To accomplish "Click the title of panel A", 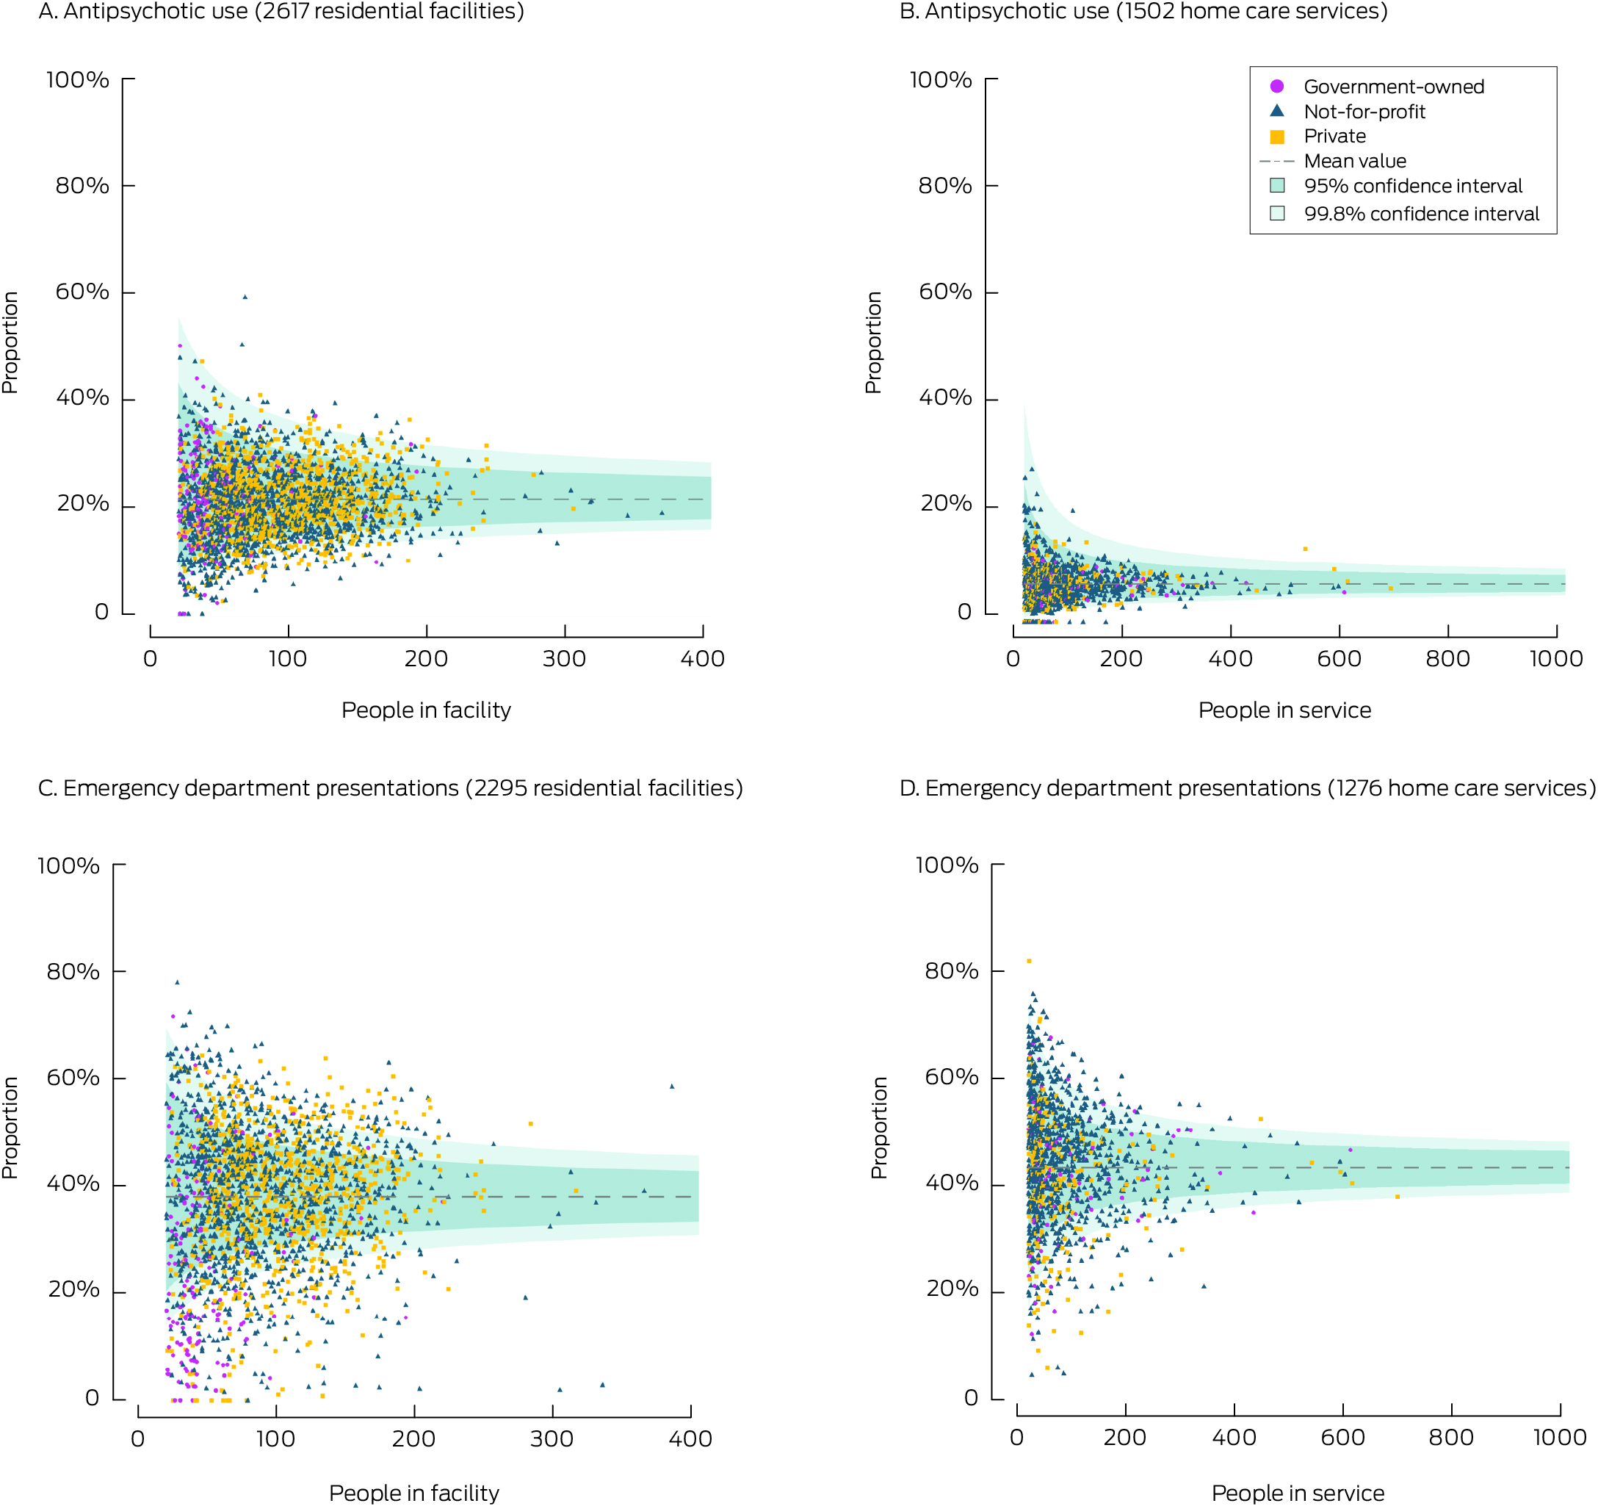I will [x=281, y=12].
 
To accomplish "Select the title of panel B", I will [x=1143, y=12].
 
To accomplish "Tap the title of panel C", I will [x=391, y=788].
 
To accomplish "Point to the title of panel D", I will [x=1248, y=788].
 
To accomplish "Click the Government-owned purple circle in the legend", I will [x=1276, y=86].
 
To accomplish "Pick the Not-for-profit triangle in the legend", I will [x=1276, y=111].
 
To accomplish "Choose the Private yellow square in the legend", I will [x=1276, y=137].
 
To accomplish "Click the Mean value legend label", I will [x=1354, y=161].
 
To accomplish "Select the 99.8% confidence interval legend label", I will [x=1421, y=214].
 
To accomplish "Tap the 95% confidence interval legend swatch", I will [x=1276, y=186].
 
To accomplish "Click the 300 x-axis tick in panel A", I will [x=564, y=659].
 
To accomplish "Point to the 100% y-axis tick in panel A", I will [x=77, y=79].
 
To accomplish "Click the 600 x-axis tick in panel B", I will [x=1339, y=659].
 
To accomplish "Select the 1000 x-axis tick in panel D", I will [x=1559, y=1437].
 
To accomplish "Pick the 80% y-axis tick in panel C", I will [x=73, y=971].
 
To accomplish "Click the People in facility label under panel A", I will [x=426, y=710].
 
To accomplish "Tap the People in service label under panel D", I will [x=1298, y=1492].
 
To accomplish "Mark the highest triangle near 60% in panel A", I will [x=245, y=297].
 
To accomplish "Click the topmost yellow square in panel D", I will [x=1029, y=961].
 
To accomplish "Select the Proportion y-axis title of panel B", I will [x=873, y=342].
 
